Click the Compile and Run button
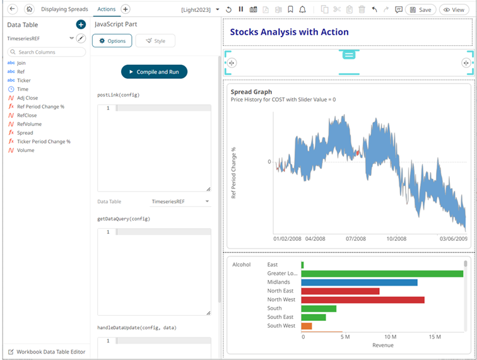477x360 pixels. click(154, 72)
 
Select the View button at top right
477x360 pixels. click(454, 9)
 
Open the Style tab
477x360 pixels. click(155, 41)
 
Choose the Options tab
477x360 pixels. click(112, 41)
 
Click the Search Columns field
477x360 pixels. click(45, 52)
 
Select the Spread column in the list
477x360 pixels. click(25, 133)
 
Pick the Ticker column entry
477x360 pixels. click(23, 81)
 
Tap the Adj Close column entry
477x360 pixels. click(27, 98)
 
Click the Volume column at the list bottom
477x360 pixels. click(25, 151)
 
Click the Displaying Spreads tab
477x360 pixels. click(64, 9)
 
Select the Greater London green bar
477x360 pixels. click(382, 274)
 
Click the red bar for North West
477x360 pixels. click(363, 300)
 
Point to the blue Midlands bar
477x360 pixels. click(359, 282)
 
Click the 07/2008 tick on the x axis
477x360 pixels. click(356, 240)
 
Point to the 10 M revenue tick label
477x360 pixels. click(391, 337)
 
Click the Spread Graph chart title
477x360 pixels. click(251, 92)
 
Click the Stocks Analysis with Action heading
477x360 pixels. click(289, 32)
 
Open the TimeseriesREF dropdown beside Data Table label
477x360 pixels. click(180, 202)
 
